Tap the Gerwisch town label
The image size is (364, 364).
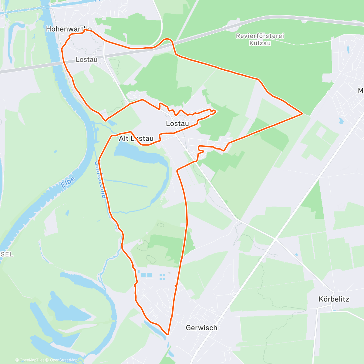coord(201,328)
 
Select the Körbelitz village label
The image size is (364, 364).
coord(334,299)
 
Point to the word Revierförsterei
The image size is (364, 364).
coord(260,36)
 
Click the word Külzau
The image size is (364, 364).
coord(260,43)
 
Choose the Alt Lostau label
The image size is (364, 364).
coord(136,139)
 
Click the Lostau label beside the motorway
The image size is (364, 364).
coord(86,59)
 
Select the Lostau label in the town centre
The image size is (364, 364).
coord(177,123)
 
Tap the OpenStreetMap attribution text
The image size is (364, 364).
coord(64,360)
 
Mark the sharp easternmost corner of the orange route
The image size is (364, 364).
coord(302,113)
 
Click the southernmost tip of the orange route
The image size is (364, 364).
coord(168,334)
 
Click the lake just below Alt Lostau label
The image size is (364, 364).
coord(136,150)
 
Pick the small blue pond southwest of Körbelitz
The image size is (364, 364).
coord(296,254)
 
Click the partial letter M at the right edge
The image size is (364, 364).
coord(361,91)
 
